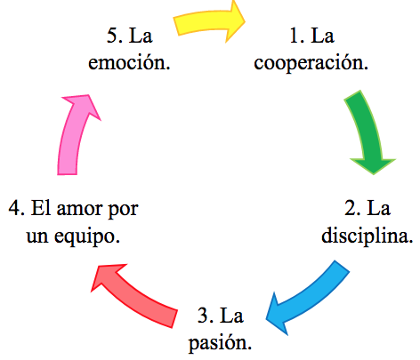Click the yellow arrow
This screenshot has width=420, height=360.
(207, 20)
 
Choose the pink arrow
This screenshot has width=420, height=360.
(73, 133)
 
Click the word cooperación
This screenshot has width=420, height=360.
(311, 64)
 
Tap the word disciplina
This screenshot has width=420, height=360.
(367, 236)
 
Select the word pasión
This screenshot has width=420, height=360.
(221, 344)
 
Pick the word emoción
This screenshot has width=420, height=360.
(129, 63)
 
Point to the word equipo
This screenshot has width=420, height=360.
(87, 237)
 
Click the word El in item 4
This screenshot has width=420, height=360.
(41, 208)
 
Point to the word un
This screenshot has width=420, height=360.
(37, 237)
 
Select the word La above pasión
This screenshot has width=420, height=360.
(232, 316)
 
